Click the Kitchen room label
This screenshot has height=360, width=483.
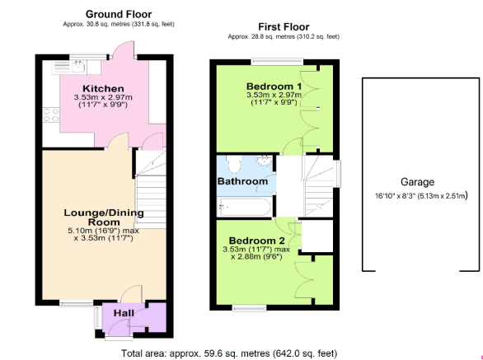coord(103,89)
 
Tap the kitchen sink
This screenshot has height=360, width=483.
coord(78,67)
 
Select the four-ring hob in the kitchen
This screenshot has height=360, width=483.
coord(51,115)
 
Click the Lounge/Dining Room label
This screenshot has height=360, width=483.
coord(104,217)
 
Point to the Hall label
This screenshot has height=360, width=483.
coord(124,313)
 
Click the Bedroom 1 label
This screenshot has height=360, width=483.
coord(274,86)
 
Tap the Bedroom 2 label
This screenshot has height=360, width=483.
coord(256,241)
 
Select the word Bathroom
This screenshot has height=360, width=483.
coord(242,181)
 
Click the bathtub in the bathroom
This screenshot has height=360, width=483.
coord(245,207)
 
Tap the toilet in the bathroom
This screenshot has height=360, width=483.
coord(234,164)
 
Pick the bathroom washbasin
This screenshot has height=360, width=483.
coord(264,161)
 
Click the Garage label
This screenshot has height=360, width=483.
coord(417,182)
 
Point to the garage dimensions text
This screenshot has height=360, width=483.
coord(421,195)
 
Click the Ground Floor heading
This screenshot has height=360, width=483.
coord(119,14)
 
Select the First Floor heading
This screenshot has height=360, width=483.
coord(284,27)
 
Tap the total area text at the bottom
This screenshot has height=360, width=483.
coord(229,353)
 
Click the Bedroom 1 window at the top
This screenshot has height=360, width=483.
coord(277,62)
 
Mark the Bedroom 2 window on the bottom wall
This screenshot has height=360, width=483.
coord(250,307)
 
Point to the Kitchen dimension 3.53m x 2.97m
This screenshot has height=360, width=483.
coord(103,97)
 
